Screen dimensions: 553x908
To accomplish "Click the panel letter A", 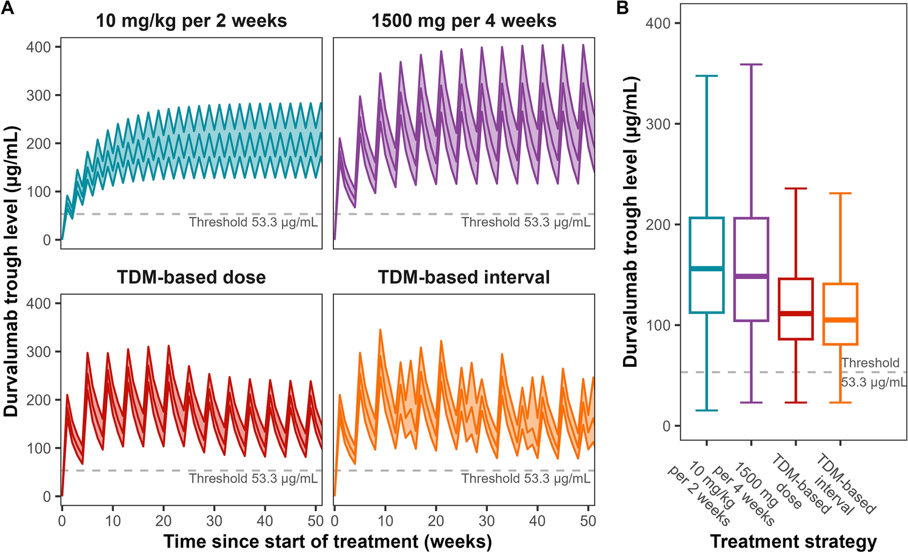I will click(8, 8).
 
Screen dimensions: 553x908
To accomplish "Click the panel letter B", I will click(623, 8).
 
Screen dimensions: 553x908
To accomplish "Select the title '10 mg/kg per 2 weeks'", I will click(191, 21).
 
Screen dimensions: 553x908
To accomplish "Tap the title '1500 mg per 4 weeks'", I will click(464, 21).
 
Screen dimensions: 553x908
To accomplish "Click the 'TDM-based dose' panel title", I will click(191, 278).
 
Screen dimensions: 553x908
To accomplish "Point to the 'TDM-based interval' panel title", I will click(464, 278).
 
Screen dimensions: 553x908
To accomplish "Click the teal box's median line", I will click(707, 269).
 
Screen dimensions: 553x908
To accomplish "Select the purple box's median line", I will click(751, 276).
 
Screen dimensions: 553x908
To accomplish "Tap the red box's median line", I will click(795, 313).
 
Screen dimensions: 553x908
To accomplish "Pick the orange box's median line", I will click(840, 320).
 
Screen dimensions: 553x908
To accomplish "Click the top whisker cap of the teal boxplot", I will click(707, 76).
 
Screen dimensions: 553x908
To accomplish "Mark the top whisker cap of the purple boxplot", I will click(751, 64).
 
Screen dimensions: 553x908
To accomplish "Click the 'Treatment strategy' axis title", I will click(793, 541).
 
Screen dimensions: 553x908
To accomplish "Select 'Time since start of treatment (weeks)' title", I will click(327, 541).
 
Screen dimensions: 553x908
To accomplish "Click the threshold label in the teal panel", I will click(253, 223).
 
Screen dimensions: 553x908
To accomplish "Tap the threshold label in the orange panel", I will click(526, 479).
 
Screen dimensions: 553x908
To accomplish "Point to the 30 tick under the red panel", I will click(214, 521).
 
